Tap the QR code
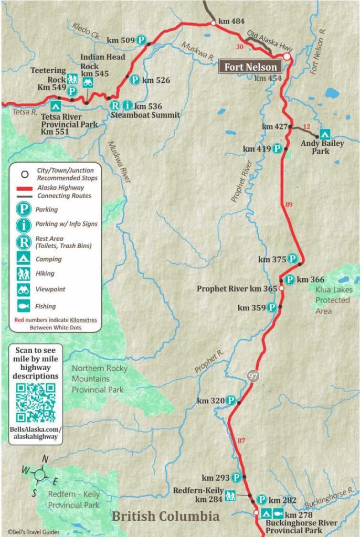[35, 402]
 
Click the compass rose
[40, 475]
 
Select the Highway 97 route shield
[252, 377]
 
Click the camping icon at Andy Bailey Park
[325, 134]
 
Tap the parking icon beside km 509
[141, 39]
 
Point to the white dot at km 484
[213, 23]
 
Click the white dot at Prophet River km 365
[281, 288]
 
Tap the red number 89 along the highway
[288, 205]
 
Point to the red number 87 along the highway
[241, 441]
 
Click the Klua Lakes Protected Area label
[334, 300]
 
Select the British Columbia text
[165, 517]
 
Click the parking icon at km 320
[232, 401]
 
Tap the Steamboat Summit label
[145, 115]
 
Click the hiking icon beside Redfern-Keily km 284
[230, 494]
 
